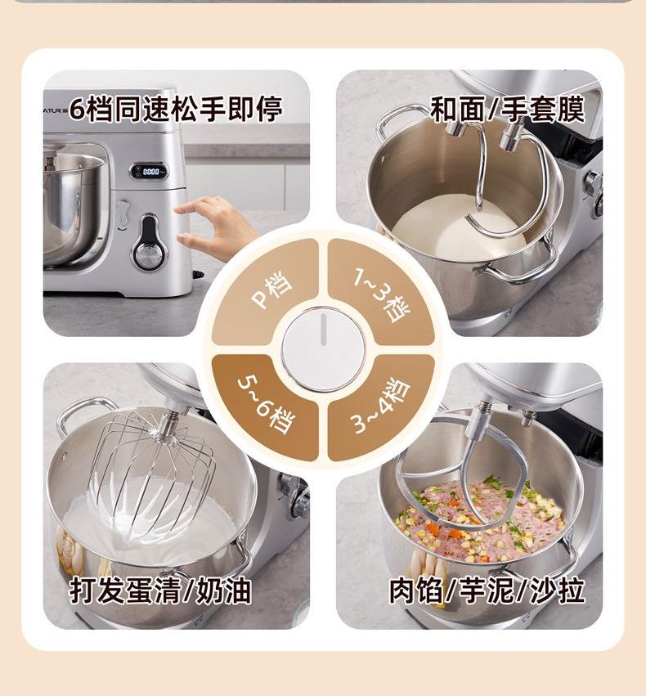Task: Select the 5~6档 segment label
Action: click(265, 405)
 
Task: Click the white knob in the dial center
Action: click(324, 349)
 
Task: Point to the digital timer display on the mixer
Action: click(150, 171)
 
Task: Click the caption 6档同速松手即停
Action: click(176, 110)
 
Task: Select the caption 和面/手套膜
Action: click(508, 109)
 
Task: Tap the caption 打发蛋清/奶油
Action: click(160, 590)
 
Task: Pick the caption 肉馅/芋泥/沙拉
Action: click(487, 590)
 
